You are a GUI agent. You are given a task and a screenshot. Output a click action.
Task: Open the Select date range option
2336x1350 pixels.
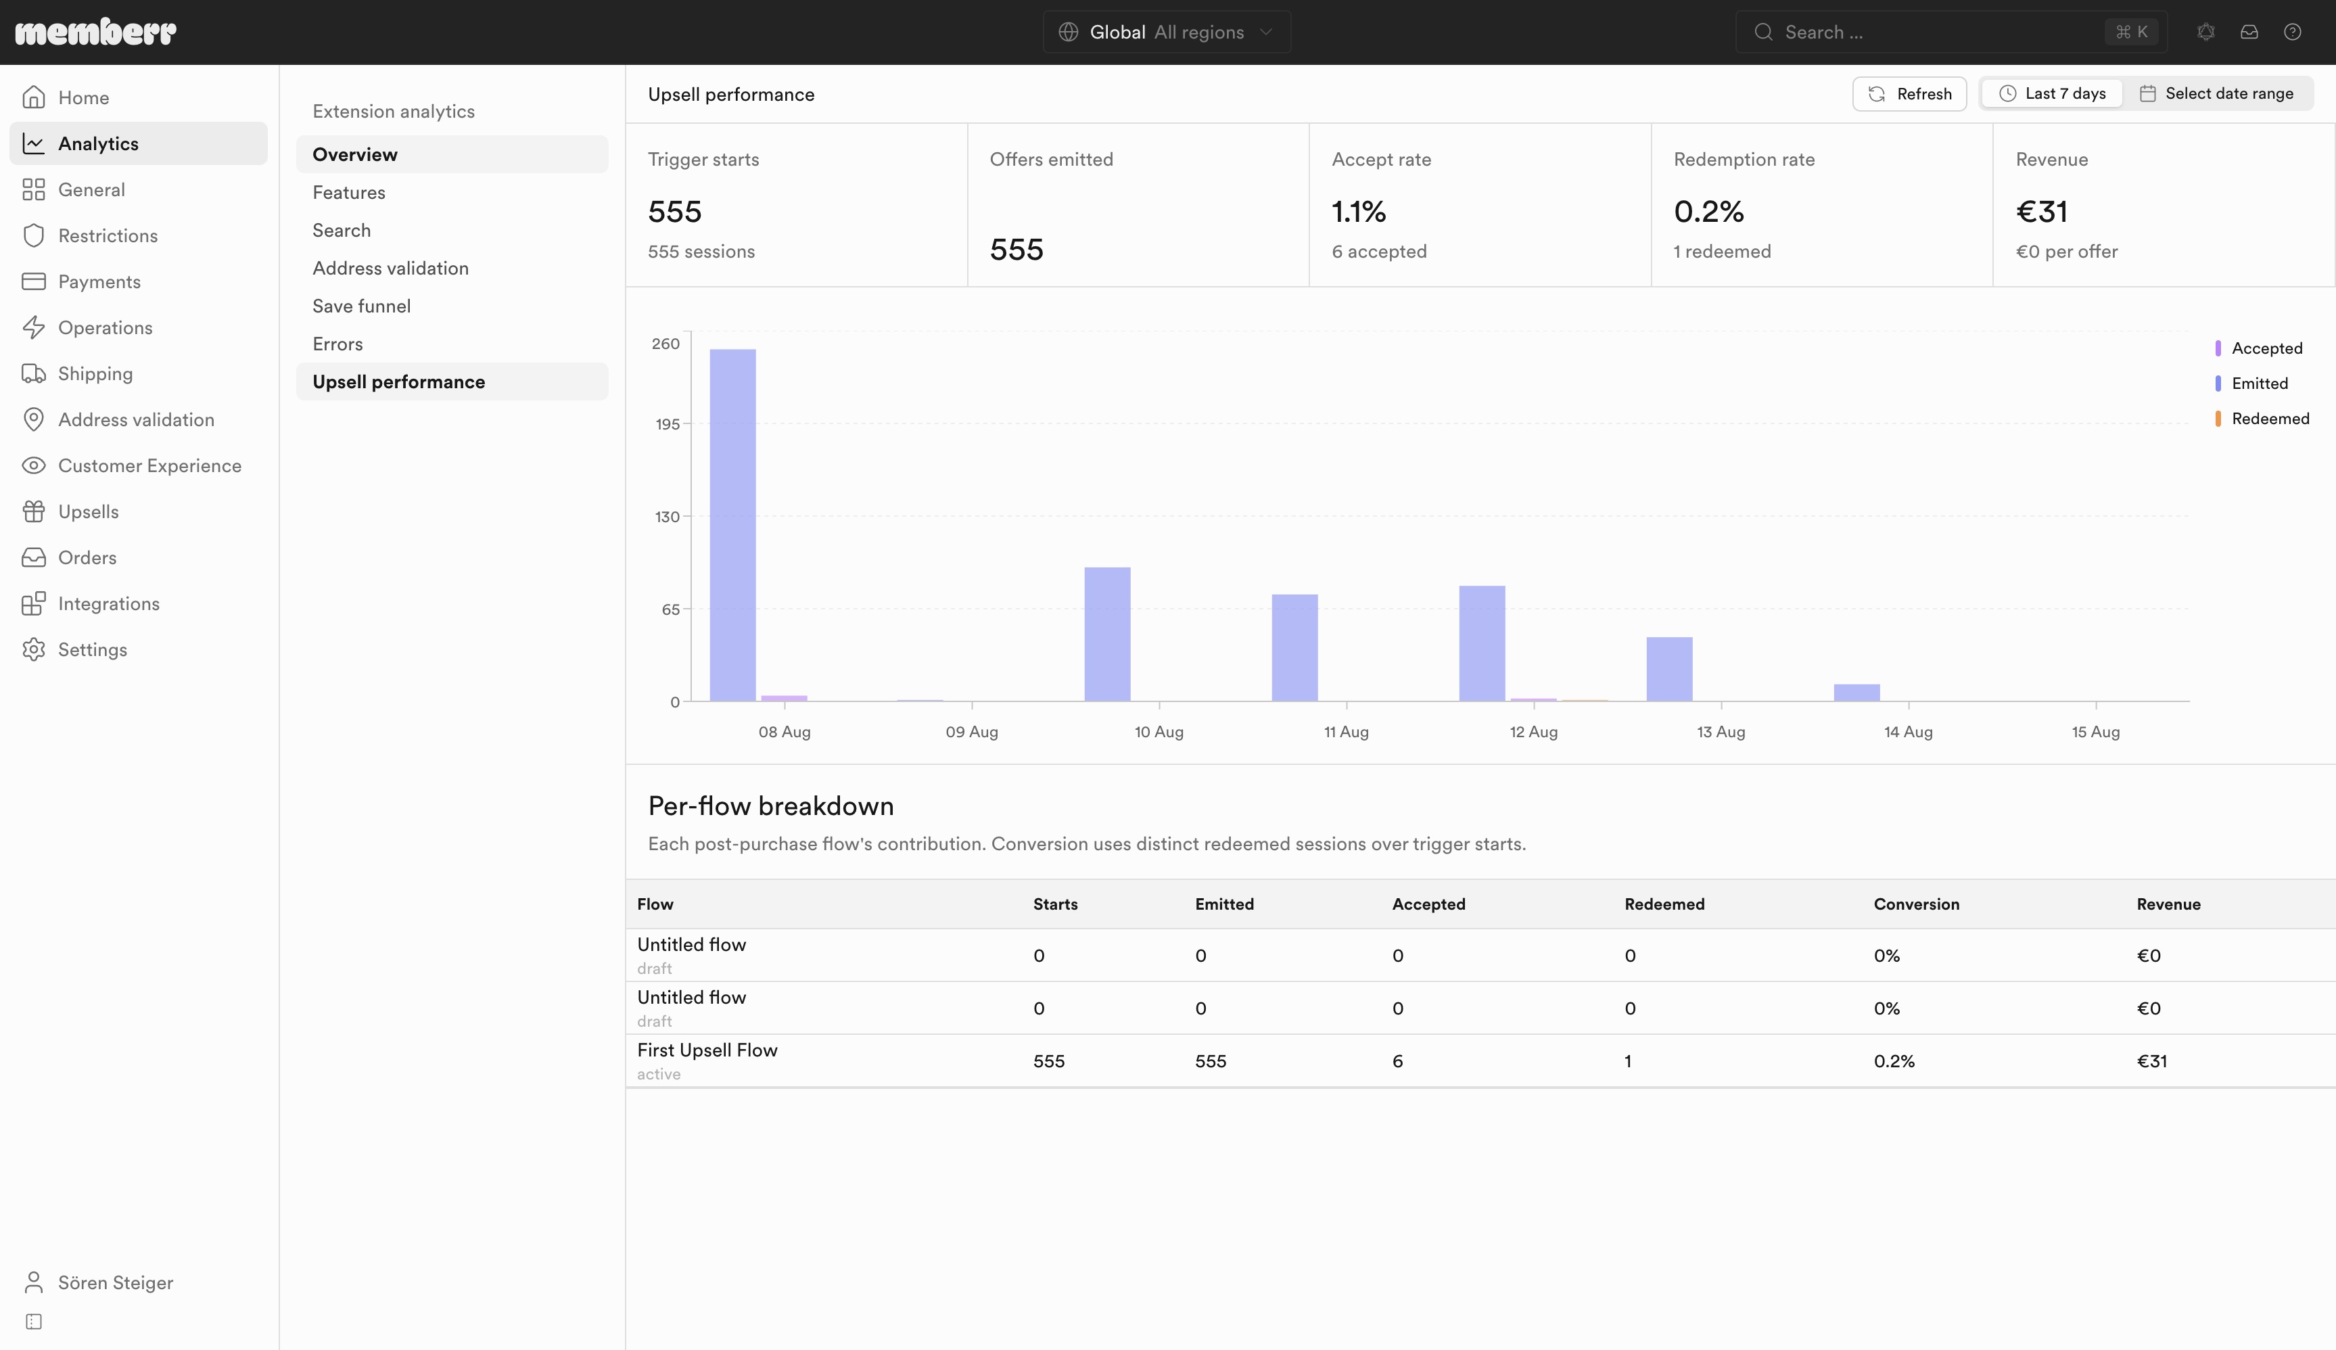tap(2216, 93)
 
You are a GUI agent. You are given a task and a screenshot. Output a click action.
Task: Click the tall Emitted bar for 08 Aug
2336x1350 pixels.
tap(732, 525)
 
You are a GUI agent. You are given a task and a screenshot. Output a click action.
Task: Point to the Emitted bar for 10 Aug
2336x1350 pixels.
tap(1107, 634)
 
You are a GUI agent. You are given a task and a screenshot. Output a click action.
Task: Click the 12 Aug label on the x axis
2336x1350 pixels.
tap(1533, 732)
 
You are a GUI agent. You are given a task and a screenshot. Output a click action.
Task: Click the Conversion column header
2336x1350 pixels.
tap(1916, 904)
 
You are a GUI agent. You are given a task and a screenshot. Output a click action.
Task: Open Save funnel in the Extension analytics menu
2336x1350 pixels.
tap(362, 306)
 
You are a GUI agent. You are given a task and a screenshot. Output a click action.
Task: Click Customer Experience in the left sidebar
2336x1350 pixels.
tap(149, 465)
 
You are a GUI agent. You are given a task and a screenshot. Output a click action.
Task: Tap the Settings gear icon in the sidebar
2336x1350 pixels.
tap(33, 650)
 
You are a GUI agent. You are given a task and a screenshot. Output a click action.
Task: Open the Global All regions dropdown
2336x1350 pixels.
tap(1166, 32)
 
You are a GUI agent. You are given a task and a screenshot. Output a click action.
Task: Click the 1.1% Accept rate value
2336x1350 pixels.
tap(1359, 212)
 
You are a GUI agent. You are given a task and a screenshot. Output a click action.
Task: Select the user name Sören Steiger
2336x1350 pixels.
tap(116, 1282)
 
